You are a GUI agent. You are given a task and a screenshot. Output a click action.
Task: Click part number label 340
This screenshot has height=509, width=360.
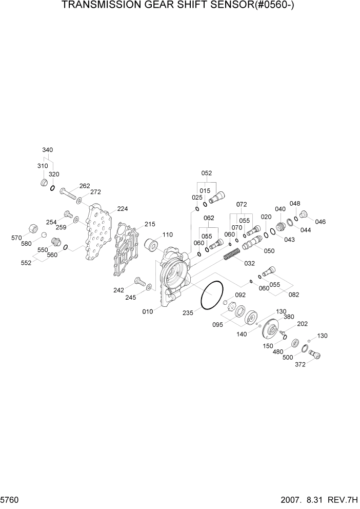point(47,150)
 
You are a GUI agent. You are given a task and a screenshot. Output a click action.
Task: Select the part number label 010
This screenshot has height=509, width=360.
point(148,311)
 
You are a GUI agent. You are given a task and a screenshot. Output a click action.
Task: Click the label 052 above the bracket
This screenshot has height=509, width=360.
point(206,173)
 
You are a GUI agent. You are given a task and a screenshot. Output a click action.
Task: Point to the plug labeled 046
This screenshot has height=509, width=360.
point(304,214)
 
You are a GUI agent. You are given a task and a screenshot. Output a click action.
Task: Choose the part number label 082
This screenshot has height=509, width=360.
point(294,295)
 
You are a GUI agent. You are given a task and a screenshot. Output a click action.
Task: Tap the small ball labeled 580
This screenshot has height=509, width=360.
point(45,235)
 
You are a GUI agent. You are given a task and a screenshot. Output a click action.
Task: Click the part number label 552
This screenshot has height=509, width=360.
point(26,263)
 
